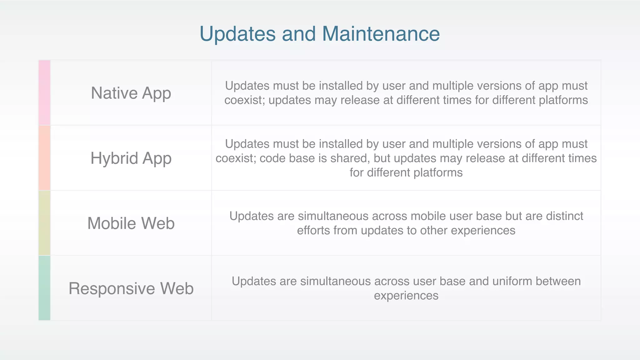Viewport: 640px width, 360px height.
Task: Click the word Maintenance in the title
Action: coord(381,34)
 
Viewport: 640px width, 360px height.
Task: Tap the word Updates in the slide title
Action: coord(237,34)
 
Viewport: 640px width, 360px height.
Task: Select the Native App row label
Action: coord(131,93)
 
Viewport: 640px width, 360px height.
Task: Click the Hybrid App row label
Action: coord(131,158)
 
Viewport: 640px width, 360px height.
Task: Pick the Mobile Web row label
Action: coord(131,223)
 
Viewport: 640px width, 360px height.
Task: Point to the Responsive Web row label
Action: coord(131,288)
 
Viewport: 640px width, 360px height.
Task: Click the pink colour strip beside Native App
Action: coord(44,93)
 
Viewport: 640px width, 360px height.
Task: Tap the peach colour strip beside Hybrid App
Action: coord(44,158)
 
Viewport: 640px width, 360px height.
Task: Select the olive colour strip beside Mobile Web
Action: coord(44,223)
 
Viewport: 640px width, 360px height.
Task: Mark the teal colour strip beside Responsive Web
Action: coord(44,288)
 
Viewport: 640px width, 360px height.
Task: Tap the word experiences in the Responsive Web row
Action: coord(406,296)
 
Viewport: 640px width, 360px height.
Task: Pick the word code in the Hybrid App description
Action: coord(271,158)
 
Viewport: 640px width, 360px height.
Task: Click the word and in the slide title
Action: coord(299,34)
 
